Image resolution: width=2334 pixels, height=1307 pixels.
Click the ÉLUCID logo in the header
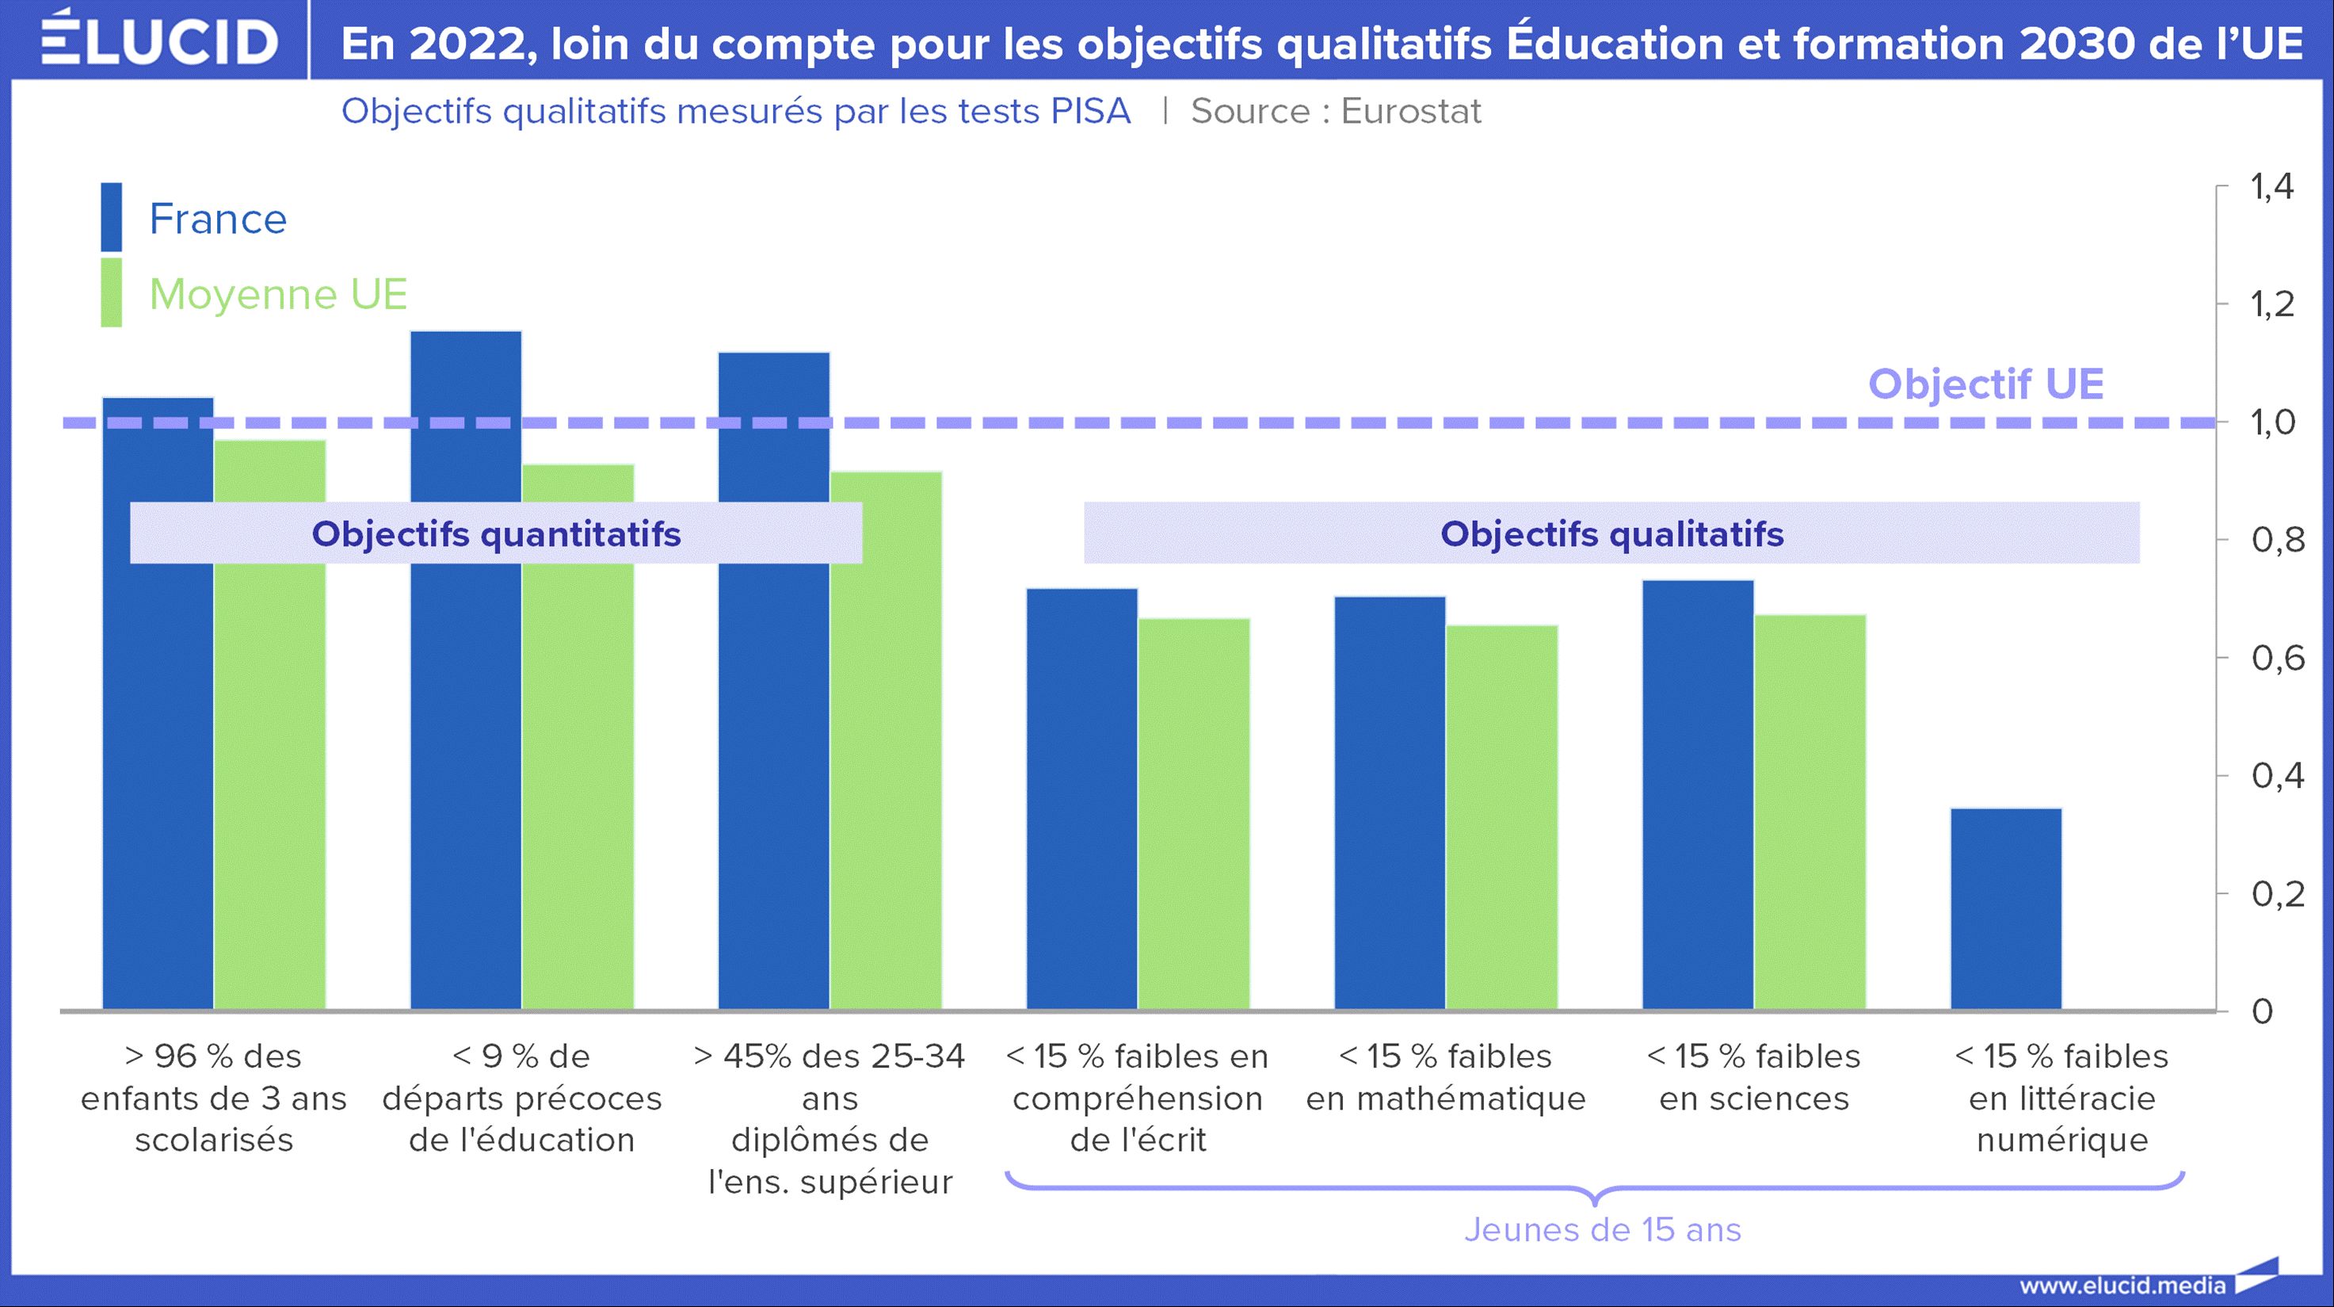pos(159,40)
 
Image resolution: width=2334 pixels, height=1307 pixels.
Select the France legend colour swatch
pos(111,217)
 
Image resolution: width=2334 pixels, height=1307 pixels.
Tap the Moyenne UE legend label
pos(278,294)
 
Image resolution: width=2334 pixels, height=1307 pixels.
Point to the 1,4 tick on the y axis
pos(2271,187)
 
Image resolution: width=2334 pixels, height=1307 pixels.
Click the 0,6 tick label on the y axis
pos(2277,658)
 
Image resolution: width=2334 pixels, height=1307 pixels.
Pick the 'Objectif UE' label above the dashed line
pos(1985,384)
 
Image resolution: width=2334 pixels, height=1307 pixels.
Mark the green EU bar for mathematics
pos(1501,816)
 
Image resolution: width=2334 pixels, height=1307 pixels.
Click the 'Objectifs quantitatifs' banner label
pos(496,534)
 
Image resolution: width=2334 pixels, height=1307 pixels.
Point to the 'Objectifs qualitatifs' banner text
pos(1612,534)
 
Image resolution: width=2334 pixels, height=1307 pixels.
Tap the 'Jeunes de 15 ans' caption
pos(1602,1230)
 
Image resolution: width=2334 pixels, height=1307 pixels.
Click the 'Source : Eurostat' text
pos(1336,112)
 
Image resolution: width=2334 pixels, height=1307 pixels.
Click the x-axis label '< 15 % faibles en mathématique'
pos(1445,1077)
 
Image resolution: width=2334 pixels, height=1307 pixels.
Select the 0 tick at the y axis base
pos(2263,1011)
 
